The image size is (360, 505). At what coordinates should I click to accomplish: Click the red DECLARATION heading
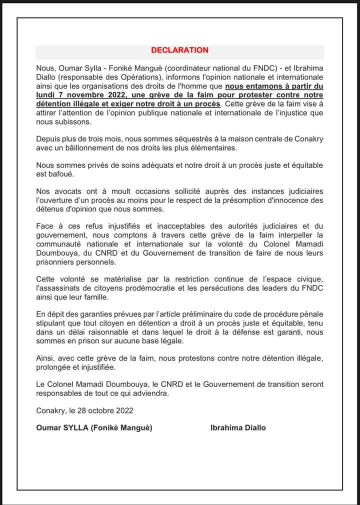point(179,50)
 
